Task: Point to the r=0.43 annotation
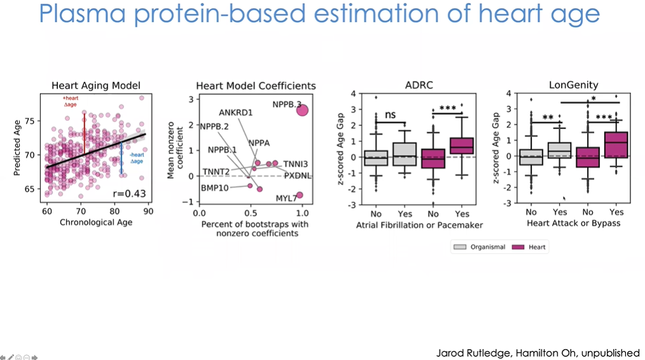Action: [128, 194]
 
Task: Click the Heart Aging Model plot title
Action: [95, 85]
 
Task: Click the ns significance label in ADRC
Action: [391, 115]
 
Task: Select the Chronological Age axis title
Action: [95, 222]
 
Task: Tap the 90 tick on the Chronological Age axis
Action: [148, 211]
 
